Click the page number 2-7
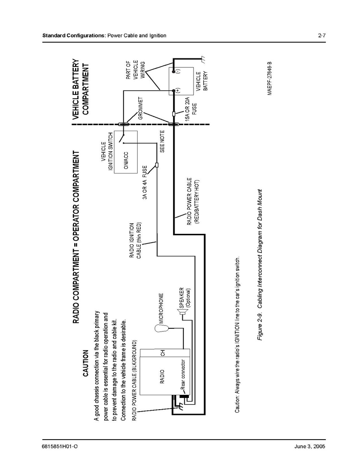[x=322, y=36]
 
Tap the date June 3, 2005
[x=310, y=447]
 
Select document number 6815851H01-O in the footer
[x=60, y=447]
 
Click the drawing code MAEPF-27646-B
[x=269, y=79]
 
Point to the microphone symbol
[x=162, y=328]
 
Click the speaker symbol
[x=183, y=312]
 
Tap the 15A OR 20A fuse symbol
[x=174, y=114]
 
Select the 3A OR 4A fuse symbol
[x=157, y=165]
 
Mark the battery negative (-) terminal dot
[x=174, y=71]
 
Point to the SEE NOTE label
[x=162, y=142]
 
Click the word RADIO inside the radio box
[x=162, y=377]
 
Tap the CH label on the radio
[x=163, y=353]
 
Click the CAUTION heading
[x=86, y=363]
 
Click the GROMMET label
[x=140, y=108]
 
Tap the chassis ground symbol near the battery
[x=203, y=60]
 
